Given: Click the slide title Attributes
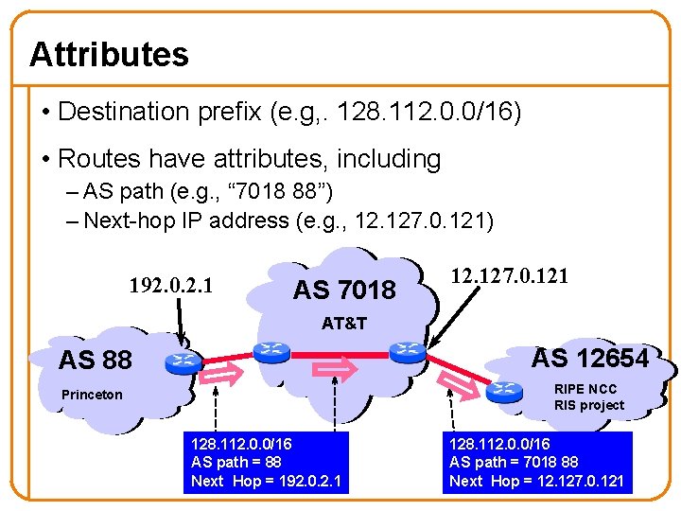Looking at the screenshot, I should [109, 55].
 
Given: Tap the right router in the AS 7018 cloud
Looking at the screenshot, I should [409, 351].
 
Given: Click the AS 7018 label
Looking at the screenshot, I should [344, 290].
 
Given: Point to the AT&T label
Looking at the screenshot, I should [343, 324].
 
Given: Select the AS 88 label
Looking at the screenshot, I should [95, 360].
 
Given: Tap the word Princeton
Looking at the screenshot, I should [92, 395].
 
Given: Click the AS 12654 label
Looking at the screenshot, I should [589, 358].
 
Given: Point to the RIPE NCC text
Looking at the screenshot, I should [585, 389].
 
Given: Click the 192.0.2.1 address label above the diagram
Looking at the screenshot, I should [170, 285].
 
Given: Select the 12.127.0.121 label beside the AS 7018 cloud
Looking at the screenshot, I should [509, 276].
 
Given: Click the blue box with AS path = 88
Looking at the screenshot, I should [267, 462].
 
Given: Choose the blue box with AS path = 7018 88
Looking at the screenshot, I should [536, 462].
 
